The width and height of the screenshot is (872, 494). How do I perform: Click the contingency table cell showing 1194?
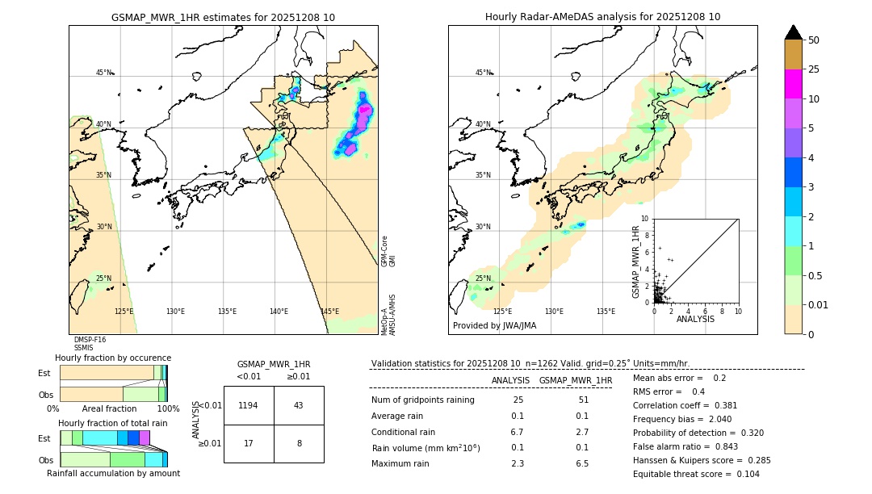249,405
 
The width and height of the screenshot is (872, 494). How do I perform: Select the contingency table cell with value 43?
299,405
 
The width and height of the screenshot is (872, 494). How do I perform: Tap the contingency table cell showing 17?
249,443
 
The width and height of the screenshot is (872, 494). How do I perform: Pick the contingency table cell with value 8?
299,443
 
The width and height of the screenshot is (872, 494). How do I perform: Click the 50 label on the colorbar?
814,40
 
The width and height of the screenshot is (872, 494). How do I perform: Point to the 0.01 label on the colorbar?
818,304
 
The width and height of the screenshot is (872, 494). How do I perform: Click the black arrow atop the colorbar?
793,32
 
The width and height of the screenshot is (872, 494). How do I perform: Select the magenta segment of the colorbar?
793,84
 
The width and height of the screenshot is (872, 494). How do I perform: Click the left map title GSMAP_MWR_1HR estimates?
223,17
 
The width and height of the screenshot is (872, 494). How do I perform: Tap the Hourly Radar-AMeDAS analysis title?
602,17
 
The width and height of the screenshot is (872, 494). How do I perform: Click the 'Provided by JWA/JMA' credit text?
494,326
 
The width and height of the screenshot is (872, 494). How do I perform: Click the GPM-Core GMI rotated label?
388,251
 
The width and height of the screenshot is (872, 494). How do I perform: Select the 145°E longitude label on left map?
329,312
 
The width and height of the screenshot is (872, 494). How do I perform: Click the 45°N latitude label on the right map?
483,73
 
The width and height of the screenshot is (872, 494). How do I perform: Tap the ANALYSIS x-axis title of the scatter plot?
695,319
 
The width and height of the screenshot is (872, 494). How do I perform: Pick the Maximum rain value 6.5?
581,463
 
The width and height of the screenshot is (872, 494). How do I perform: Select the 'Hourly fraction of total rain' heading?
112,423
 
